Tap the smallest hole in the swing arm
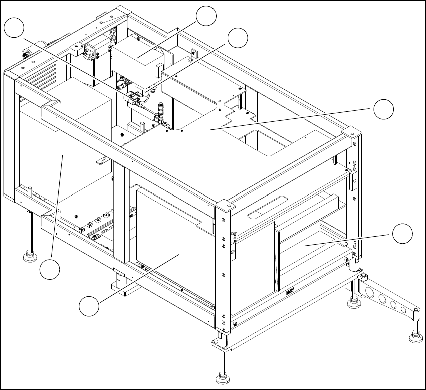point(403,310)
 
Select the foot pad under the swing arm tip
point(415,339)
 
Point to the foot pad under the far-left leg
point(30,258)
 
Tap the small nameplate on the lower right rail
point(290,290)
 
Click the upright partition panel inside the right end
point(276,256)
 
